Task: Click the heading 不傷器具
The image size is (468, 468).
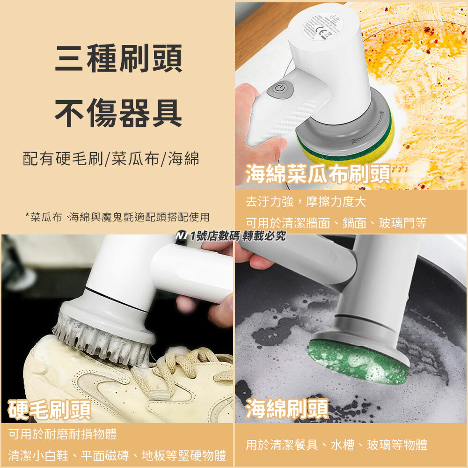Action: (x=118, y=114)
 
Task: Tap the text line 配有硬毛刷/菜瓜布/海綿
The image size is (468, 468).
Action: (x=111, y=159)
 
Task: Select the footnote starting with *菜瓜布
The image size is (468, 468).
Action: (x=117, y=217)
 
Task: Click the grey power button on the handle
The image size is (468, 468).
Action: (x=280, y=89)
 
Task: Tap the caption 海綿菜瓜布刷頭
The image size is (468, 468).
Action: (x=318, y=174)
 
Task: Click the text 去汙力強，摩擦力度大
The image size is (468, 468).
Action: (x=306, y=202)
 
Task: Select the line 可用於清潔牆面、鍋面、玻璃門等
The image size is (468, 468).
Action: (x=336, y=223)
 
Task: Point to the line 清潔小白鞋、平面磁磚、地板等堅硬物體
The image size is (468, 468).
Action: (x=117, y=455)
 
